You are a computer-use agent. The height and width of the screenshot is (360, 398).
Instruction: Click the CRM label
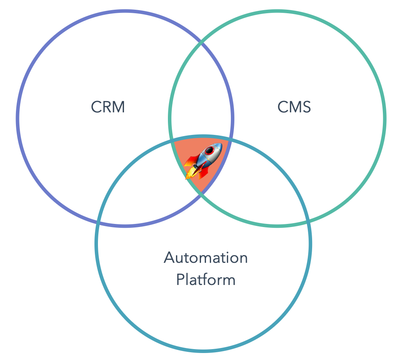108,107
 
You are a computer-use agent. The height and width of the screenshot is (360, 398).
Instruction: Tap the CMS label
294,107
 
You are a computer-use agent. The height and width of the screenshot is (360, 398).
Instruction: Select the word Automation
206,258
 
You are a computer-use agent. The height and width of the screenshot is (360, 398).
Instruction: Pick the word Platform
206,280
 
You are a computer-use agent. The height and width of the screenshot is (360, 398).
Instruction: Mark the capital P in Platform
180,280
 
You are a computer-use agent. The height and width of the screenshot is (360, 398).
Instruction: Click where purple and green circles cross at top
201,40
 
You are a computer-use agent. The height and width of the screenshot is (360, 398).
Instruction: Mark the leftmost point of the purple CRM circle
17,118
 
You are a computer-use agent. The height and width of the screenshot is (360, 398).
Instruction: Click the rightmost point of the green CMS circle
385,118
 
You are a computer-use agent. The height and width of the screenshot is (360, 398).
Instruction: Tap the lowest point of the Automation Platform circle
203,351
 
